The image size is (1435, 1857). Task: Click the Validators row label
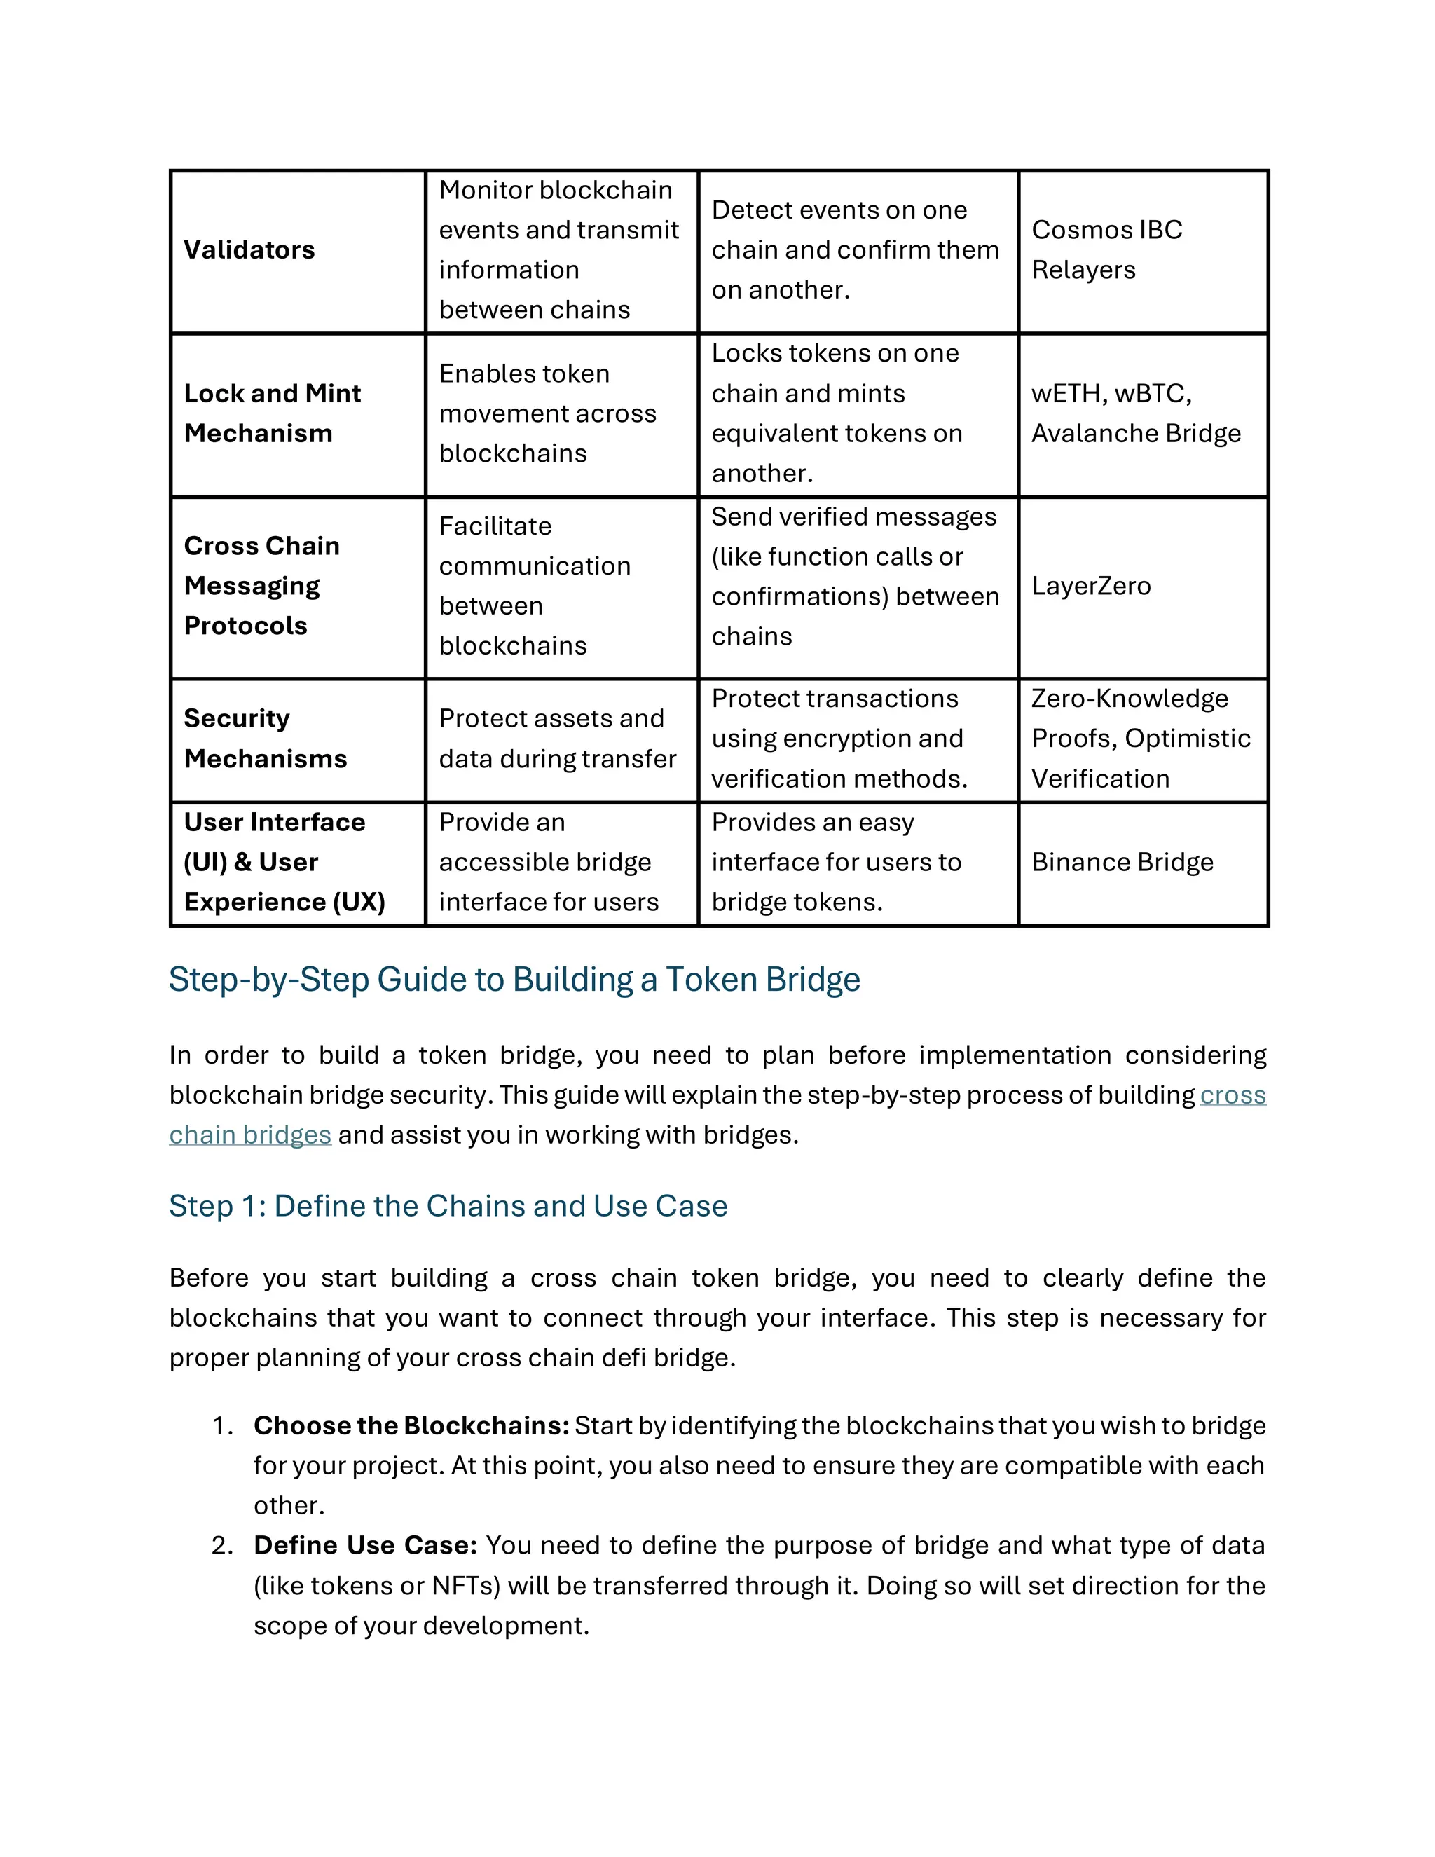click(x=249, y=250)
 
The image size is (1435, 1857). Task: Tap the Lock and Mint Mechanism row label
click(x=272, y=413)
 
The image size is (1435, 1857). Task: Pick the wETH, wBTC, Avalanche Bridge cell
click(x=1136, y=413)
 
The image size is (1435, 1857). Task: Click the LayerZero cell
click(x=1091, y=586)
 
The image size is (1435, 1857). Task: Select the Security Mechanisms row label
click(x=266, y=738)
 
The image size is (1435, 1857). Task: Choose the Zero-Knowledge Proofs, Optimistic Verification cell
click(x=1140, y=738)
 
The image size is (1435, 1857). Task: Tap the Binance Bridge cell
click(x=1122, y=862)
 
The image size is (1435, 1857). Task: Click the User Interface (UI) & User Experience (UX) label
click(x=284, y=862)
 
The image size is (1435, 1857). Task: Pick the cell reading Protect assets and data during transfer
click(x=557, y=738)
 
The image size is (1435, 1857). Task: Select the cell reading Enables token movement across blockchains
click(x=547, y=413)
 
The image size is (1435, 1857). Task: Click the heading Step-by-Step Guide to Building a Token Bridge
click(x=514, y=980)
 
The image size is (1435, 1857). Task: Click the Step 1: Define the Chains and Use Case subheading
click(x=448, y=1206)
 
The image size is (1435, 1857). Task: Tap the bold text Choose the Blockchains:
click(x=411, y=1426)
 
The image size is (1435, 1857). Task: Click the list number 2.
click(x=222, y=1545)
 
